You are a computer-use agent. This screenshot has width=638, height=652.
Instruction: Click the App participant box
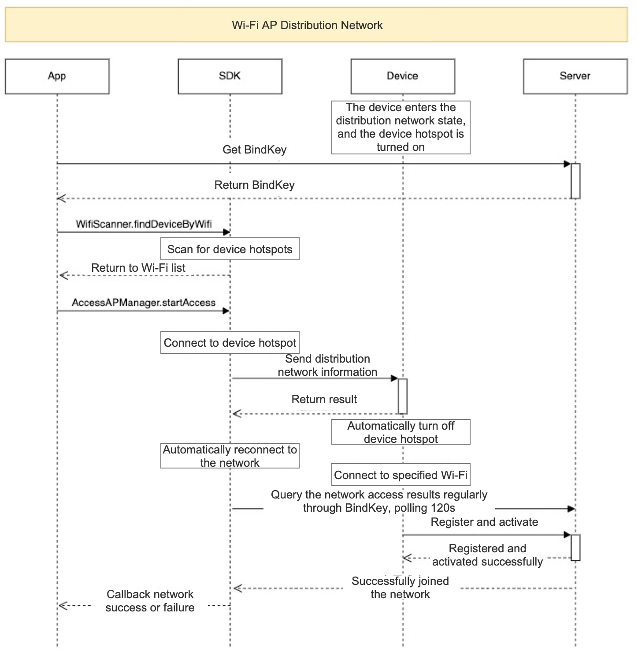tap(57, 76)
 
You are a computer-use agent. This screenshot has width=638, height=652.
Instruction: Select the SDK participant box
tap(230, 76)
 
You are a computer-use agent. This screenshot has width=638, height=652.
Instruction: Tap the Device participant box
tap(403, 76)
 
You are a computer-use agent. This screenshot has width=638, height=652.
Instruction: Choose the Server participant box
tap(575, 76)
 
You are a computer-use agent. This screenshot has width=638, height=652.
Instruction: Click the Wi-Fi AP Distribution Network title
tap(307, 25)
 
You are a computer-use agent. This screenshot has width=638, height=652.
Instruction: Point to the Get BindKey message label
tap(254, 150)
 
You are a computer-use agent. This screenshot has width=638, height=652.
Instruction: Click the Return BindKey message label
tap(254, 185)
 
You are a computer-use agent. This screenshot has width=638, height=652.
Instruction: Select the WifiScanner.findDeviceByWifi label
tap(144, 224)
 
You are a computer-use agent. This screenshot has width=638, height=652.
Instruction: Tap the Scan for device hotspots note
tap(230, 249)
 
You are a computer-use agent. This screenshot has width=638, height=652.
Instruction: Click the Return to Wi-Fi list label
tap(138, 268)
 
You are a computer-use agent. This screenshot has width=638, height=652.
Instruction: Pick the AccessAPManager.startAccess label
tap(144, 303)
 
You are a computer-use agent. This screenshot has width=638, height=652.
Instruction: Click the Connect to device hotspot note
tap(230, 342)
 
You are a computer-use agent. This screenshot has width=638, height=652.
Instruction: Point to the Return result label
tap(324, 399)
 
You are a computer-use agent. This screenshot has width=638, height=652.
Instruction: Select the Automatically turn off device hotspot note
tap(401, 432)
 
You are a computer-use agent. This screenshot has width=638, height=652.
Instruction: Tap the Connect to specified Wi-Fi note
tap(401, 475)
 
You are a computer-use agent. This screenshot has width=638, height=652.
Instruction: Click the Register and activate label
tap(484, 522)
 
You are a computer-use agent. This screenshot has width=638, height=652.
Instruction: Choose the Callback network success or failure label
tap(150, 601)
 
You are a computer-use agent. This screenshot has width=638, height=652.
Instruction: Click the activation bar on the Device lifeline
tap(403, 396)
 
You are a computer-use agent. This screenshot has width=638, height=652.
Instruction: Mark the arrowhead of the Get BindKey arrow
tap(568, 164)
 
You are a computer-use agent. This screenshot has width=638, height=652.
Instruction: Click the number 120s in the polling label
tap(443, 508)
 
